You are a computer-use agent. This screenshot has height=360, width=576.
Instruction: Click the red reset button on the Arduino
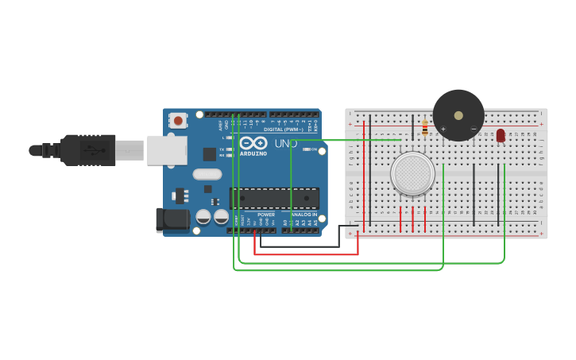[179, 121]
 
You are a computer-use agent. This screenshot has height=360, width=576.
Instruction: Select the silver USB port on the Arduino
[167, 150]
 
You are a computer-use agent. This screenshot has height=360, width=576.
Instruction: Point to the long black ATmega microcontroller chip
[274, 199]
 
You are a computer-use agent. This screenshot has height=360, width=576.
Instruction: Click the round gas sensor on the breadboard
[412, 173]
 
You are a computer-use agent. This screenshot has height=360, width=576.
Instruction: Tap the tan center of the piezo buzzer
[458, 115]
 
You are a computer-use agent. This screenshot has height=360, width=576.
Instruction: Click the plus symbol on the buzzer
[443, 129]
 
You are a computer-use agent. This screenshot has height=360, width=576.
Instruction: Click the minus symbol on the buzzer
[474, 129]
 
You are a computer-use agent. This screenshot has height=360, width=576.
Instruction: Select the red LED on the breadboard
[500, 136]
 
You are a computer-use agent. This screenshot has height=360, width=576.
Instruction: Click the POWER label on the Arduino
[266, 215]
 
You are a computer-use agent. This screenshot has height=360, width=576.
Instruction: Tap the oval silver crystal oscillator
[207, 174]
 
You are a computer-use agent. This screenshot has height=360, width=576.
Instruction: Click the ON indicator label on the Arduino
[315, 149]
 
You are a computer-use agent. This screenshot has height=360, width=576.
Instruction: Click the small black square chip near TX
[210, 154]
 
